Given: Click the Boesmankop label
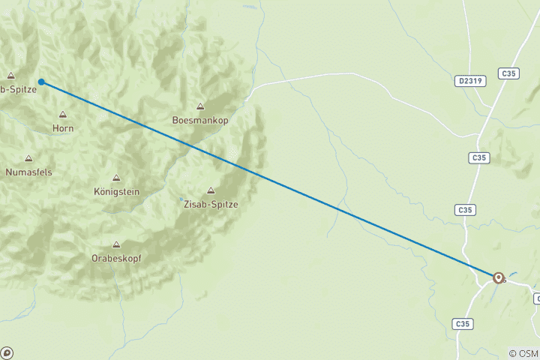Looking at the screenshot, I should [200, 120].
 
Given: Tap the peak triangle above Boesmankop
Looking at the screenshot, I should [200, 106].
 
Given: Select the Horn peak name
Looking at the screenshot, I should [63, 128].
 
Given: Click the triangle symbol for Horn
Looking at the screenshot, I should [63, 115].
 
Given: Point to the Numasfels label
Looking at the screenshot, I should [28, 172].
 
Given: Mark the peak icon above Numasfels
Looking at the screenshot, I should [28, 158].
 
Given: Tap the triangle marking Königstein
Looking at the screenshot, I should [115, 178].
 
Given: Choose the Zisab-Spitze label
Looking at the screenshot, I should [210, 203].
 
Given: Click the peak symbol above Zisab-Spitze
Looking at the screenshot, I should [210, 190].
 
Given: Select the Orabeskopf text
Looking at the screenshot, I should [115, 257].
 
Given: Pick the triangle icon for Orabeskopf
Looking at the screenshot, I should [115, 244].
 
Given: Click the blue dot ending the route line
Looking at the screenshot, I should [42, 82].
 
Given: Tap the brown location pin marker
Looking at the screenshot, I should [498, 277].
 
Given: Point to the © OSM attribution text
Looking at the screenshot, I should [523, 353].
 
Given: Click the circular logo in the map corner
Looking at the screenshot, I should [7, 352].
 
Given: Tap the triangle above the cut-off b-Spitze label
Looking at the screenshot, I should [10, 75].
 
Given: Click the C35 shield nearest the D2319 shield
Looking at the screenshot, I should [509, 73].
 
